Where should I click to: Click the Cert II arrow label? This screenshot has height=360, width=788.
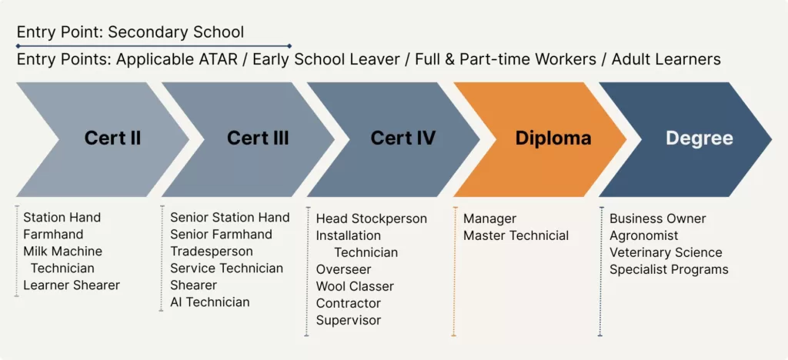pyautogui.click(x=112, y=138)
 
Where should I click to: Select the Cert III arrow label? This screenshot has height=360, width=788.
pyautogui.click(x=258, y=138)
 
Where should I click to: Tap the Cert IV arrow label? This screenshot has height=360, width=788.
pyautogui.click(x=403, y=138)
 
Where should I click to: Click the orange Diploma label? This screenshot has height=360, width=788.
pyautogui.click(x=553, y=138)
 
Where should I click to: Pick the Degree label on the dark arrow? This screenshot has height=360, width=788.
pyautogui.click(x=700, y=138)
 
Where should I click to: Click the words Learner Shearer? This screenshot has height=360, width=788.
pyautogui.click(x=72, y=285)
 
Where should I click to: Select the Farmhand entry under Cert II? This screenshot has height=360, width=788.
pyautogui.click(x=53, y=235)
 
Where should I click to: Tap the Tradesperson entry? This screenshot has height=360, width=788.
pyautogui.click(x=212, y=251)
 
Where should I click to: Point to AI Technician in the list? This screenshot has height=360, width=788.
pyautogui.click(x=210, y=302)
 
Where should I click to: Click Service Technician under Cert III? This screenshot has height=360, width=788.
pyautogui.click(x=227, y=268)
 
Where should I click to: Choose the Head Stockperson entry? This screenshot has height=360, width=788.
pyautogui.click(x=372, y=219)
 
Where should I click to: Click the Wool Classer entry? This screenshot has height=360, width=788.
pyautogui.click(x=355, y=286)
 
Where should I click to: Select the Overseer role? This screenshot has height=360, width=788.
pyautogui.click(x=344, y=269)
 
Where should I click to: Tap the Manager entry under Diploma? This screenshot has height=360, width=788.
pyautogui.click(x=489, y=219)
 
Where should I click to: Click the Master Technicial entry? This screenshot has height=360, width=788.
pyautogui.click(x=516, y=235)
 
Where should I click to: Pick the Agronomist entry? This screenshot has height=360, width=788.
pyautogui.click(x=644, y=235)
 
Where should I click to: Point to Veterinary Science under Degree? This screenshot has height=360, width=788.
pyautogui.click(x=666, y=252)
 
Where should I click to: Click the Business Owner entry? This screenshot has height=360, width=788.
pyautogui.click(x=658, y=219)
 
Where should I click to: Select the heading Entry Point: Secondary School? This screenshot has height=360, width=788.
pyautogui.click(x=131, y=32)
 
